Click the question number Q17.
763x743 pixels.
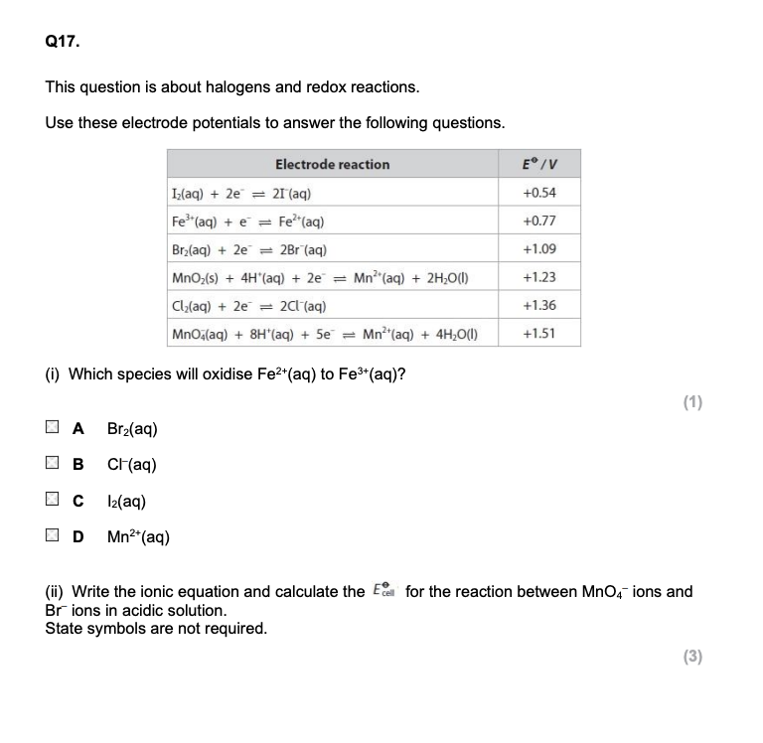tap(59, 43)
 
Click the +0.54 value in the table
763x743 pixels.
tap(537, 192)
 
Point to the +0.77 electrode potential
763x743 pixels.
tap(537, 220)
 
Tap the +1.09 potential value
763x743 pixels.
tap(537, 248)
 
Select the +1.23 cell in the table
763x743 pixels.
tap(537, 277)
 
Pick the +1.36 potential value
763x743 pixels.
tap(537, 305)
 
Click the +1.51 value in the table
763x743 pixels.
tap(537, 334)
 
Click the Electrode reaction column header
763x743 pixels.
tap(332, 164)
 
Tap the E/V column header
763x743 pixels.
tap(537, 164)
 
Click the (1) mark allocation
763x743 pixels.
tap(692, 402)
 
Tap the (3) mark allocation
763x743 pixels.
tap(692, 656)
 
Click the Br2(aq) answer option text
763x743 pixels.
tap(133, 429)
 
